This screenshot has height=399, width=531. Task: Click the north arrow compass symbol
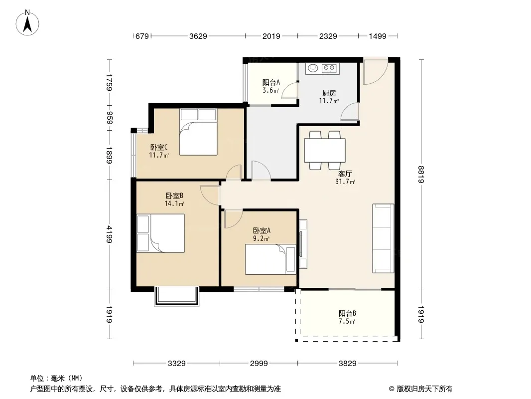pyautogui.click(x=27, y=23)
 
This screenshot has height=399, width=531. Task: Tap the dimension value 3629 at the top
pyautogui.click(x=198, y=36)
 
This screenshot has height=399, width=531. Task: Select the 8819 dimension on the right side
pyautogui.click(x=421, y=174)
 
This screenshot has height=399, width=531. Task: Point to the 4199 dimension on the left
pyautogui.click(x=109, y=234)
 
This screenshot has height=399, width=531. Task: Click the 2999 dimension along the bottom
pyautogui.click(x=259, y=364)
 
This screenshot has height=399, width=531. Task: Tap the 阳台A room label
pyautogui.click(x=271, y=82)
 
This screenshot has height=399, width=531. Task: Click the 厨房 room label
pyautogui.click(x=329, y=93)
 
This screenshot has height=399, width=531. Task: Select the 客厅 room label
pyautogui.click(x=345, y=174)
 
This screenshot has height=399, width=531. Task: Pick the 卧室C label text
pyautogui.click(x=159, y=148)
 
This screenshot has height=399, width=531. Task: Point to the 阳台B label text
pyautogui.click(x=347, y=314)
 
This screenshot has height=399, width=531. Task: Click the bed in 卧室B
pyautogui.click(x=160, y=233)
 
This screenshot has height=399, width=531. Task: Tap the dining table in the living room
pyautogui.click(x=325, y=150)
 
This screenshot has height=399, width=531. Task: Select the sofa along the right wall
pyautogui.click(x=383, y=238)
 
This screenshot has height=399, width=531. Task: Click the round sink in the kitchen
pyautogui.click(x=312, y=68)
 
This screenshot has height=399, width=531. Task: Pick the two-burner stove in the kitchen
pyautogui.click(x=329, y=68)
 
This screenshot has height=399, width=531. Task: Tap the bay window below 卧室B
pyautogui.click(x=177, y=297)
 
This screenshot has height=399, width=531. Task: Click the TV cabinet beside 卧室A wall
pyautogui.click(x=303, y=244)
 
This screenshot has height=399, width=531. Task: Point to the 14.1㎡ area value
pyautogui.click(x=174, y=203)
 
